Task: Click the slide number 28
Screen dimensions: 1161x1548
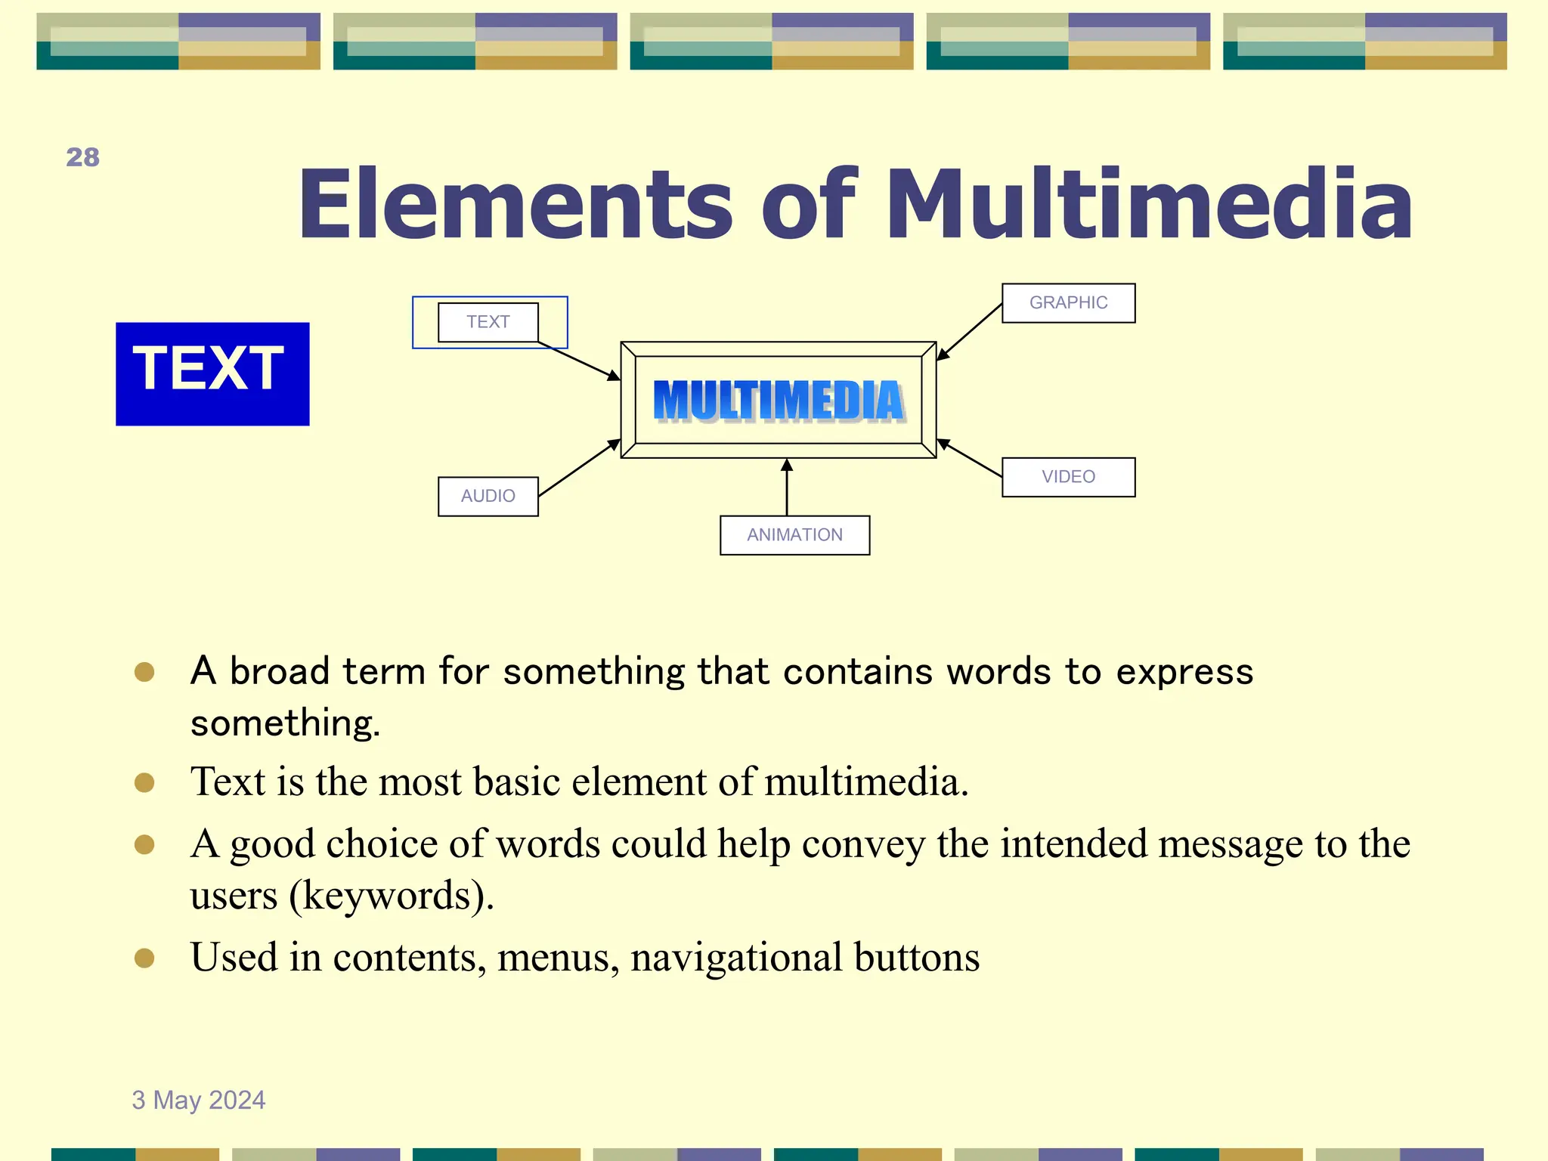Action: pos(82,157)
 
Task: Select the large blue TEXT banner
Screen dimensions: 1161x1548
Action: pos(212,373)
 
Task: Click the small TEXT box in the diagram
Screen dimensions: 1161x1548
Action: pos(488,322)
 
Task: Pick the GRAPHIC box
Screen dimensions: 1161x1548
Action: pos(1068,303)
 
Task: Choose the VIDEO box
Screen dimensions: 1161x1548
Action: pos(1068,477)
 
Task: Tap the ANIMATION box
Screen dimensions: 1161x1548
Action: pos(794,535)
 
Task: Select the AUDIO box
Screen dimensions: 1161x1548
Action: pos(488,497)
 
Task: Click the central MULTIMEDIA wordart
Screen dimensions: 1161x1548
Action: pos(779,400)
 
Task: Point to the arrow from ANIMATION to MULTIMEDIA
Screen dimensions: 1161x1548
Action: pos(787,488)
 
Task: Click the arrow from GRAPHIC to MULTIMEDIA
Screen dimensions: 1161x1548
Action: pos(970,332)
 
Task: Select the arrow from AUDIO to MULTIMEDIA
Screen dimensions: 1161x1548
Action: pos(579,468)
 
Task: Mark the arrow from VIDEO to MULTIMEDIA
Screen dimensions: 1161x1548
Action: pos(970,458)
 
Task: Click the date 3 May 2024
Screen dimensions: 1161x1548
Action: pos(199,1100)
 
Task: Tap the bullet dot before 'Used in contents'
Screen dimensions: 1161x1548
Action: pos(144,958)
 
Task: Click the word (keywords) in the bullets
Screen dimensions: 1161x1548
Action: pos(392,896)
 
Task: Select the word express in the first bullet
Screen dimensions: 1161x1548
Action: pos(1184,672)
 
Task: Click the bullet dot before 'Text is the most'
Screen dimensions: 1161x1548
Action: pos(144,782)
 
